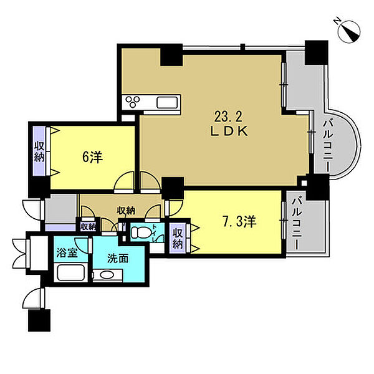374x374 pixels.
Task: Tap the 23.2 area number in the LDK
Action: [x=229, y=117]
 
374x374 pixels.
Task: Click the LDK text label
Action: [x=229, y=132]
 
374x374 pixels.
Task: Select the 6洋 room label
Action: [x=92, y=158]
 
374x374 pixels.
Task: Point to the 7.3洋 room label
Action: [x=239, y=221]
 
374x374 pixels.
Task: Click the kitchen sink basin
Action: [x=167, y=103]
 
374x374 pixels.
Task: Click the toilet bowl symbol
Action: [x=140, y=232]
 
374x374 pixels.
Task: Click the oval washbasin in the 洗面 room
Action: [x=108, y=275]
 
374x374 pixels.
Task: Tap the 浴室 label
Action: [x=67, y=253]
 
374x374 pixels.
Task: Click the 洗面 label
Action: [x=118, y=259]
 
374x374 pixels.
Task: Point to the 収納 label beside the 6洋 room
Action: [x=39, y=151]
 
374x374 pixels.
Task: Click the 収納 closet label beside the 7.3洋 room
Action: [x=178, y=238]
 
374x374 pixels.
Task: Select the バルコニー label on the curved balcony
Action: [x=328, y=146]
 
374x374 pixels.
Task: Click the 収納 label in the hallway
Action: [x=126, y=211]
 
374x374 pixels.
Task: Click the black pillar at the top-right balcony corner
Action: [x=316, y=52]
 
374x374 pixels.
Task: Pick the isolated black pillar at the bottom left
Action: [x=39, y=320]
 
